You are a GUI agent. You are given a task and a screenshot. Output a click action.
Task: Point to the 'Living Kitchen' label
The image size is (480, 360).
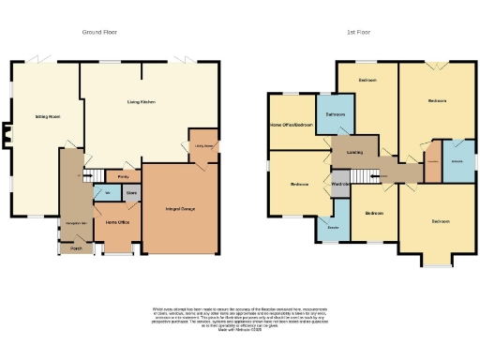coord(141,101)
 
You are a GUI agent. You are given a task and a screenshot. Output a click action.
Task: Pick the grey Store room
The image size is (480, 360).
coord(132,196)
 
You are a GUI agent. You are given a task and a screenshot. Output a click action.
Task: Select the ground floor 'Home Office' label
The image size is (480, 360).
coord(117,222)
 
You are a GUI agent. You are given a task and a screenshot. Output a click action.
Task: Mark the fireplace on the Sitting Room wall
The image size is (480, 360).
coord(6,138)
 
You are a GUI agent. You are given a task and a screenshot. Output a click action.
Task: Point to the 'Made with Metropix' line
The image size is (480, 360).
coord(241,330)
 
